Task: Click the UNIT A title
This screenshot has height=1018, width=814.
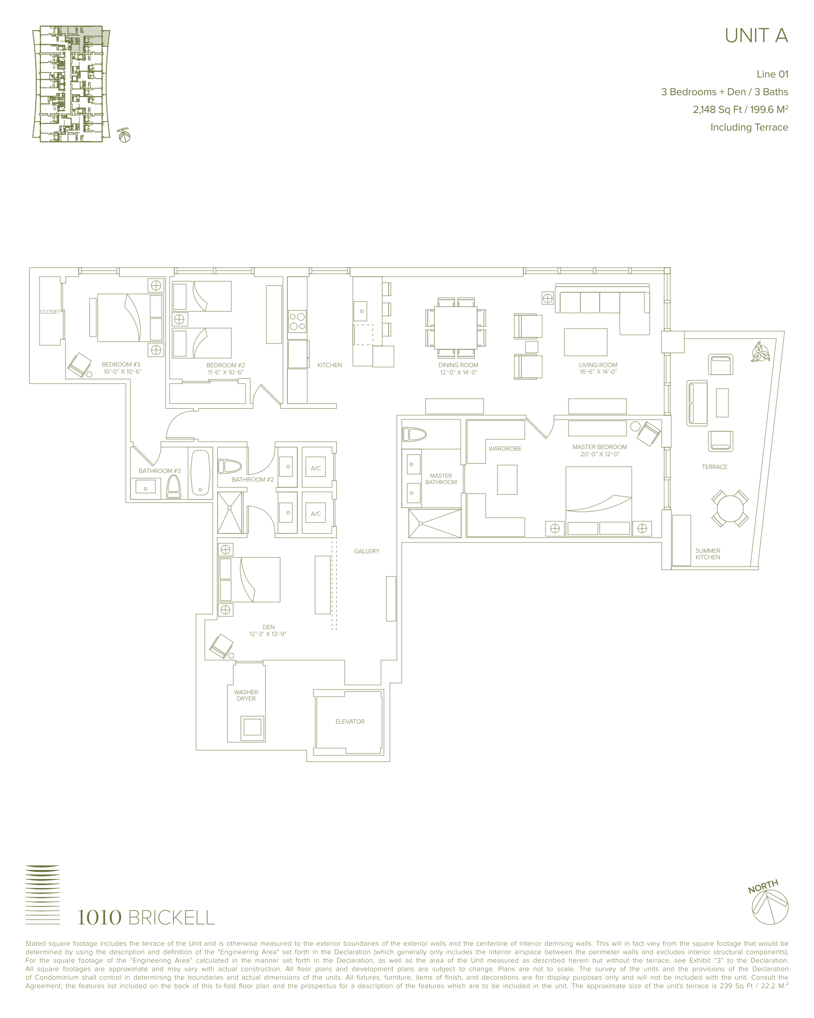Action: click(x=756, y=36)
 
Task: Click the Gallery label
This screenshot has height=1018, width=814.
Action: click(x=366, y=551)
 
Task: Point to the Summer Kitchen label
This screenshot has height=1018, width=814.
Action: click(x=708, y=554)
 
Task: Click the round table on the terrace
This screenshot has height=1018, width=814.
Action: click(x=730, y=508)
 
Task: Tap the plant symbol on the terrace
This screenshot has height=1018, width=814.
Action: click(x=760, y=352)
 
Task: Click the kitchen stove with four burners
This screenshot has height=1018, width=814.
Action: click(x=297, y=321)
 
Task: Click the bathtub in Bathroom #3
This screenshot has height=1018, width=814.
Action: click(x=200, y=473)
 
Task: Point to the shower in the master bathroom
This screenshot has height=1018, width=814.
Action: click(x=435, y=523)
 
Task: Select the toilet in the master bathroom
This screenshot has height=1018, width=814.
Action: click(x=415, y=435)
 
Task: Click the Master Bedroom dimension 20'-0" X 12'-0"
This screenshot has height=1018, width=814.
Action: click(x=600, y=454)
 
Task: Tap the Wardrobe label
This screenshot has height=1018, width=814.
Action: click(x=505, y=449)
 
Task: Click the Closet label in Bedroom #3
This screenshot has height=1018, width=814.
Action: click(x=50, y=312)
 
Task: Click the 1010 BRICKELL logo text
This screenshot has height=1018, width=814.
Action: click(x=146, y=918)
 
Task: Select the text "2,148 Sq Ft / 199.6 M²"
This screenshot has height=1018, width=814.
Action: click(x=741, y=109)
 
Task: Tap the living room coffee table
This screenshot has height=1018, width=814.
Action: click(x=585, y=342)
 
